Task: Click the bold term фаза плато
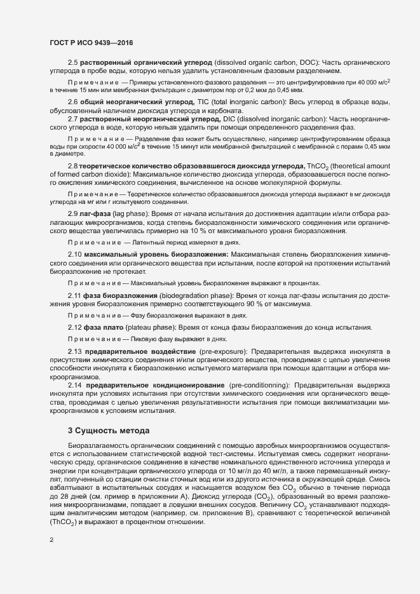pos(101,327)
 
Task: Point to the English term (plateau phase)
pos(149,327)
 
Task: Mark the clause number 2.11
pos(75,296)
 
